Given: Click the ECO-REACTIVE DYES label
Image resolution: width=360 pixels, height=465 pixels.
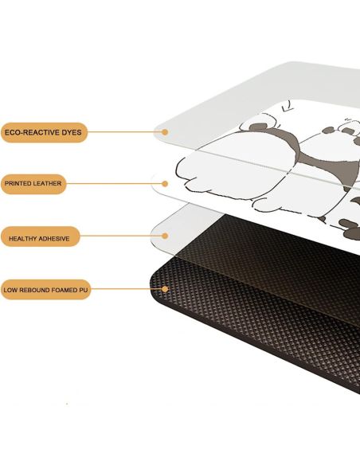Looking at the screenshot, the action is tap(44, 132).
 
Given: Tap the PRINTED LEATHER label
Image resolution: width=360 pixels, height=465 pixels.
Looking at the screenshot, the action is tap(33, 184).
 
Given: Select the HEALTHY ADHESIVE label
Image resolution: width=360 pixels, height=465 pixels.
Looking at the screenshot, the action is tap(40, 236).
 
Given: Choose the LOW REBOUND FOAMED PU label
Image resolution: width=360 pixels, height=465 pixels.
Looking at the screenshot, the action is tap(45, 290).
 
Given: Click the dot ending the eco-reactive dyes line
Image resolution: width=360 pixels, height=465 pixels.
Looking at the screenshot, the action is tap(165, 132).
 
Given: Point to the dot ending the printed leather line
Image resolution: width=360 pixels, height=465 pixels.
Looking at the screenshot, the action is tap(165, 184).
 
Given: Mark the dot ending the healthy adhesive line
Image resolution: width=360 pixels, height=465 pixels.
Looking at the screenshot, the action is tap(165, 236).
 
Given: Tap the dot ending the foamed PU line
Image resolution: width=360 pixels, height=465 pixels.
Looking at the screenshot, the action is tap(165, 289).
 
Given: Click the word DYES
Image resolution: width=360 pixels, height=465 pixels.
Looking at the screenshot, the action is tap(72, 132).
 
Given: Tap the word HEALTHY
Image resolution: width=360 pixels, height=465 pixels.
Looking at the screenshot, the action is tap(22, 239).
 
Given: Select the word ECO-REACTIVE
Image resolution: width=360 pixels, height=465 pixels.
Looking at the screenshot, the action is tap(33, 132).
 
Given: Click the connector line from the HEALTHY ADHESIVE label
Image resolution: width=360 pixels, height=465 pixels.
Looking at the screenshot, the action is tap(121, 236).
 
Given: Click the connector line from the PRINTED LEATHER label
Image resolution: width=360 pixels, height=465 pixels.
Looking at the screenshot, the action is tap(114, 184).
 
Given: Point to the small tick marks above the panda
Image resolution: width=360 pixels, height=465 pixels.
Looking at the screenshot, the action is tap(288, 107).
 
